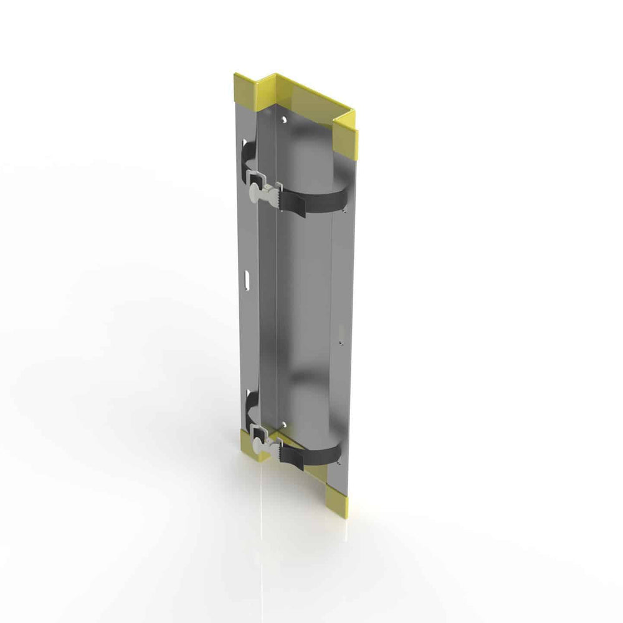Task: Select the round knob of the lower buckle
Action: pyautogui.click(x=256, y=446)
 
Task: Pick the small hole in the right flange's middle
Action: pyautogui.click(x=341, y=341)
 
